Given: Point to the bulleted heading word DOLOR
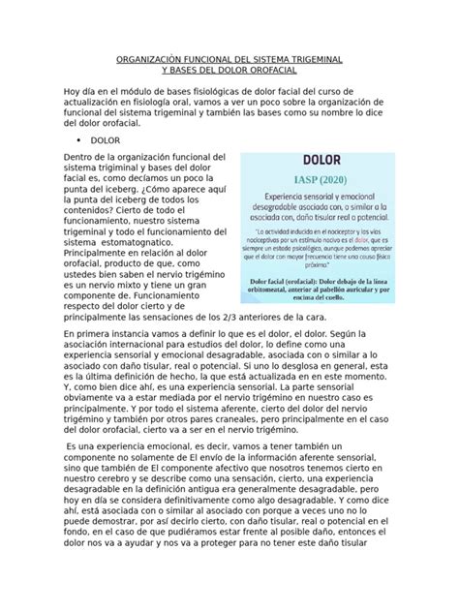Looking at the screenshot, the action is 101,138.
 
